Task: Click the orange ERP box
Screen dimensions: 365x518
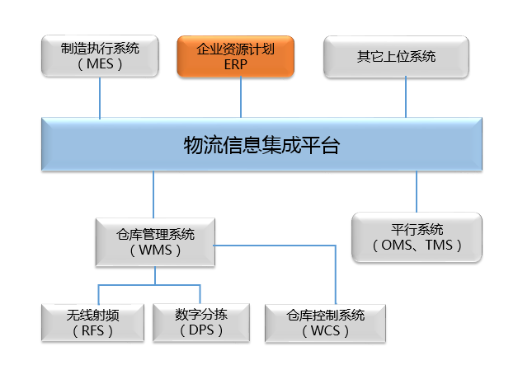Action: (236, 56)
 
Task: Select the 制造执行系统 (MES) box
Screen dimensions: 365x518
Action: (100, 56)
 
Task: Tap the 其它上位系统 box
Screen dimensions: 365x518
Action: (396, 56)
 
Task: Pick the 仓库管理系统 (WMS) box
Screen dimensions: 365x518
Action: (155, 241)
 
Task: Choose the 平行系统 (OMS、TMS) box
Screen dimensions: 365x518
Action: (416, 237)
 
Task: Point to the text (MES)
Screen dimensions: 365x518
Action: (100, 65)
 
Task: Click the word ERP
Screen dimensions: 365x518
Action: (236, 65)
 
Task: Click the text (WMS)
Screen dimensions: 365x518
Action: (155, 250)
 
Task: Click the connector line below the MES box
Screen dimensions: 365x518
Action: (100, 98)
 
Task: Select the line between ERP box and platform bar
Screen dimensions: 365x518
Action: (241, 98)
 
